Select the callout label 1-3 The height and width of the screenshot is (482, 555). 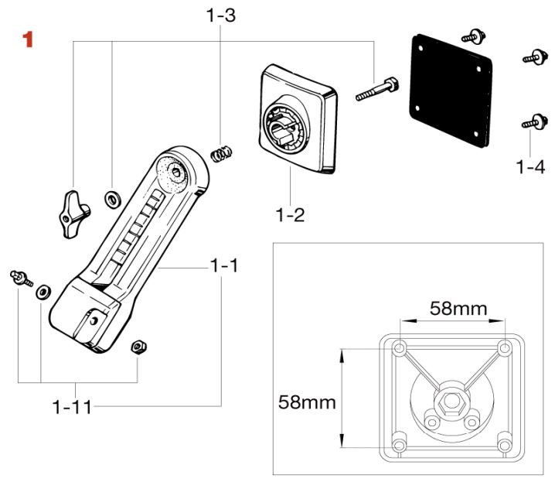(220, 15)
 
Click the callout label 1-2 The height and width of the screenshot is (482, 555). (289, 214)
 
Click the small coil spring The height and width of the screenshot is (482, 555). (222, 153)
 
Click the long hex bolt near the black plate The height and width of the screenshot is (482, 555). (376, 89)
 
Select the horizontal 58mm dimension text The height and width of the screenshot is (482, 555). (458, 309)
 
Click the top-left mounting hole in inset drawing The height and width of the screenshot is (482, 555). (399, 349)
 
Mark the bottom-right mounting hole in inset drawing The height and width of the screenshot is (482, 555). (504, 446)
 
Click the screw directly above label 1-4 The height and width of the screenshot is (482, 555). (530, 121)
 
